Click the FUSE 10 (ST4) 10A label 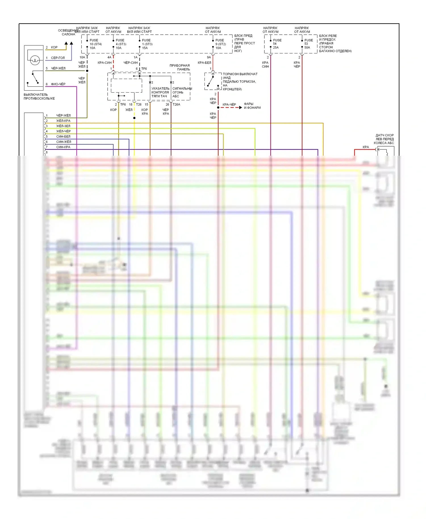pyautogui.click(x=95, y=44)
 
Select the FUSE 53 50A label pyautogui.click(x=308, y=44)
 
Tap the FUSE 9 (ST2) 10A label pyautogui.click(x=220, y=44)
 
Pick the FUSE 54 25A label pyautogui.click(x=277, y=44)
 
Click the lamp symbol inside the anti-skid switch pyautogui.click(x=35, y=60)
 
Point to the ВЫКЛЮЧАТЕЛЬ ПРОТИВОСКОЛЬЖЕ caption pyautogui.click(x=39, y=97)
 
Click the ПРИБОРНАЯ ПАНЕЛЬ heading pyautogui.click(x=180, y=67)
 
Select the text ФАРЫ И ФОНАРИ pyautogui.click(x=252, y=106)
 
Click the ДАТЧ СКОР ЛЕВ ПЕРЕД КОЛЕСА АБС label pyautogui.click(x=384, y=139)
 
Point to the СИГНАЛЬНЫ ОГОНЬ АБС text pyautogui.click(x=182, y=92)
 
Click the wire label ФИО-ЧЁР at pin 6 pyautogui.click(x=58, y=84)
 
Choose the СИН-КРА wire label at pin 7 pyautogui.click(x=63, y=147)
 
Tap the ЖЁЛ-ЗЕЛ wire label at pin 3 pyautogui.click(x=63, y=126)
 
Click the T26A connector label pyautogui.click(x=176, y=105)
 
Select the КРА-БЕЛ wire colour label pyautogui.click(x=204, y=63)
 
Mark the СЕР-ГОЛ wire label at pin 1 pyautogui.click(x=58, y=58)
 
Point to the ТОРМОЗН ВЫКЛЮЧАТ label pyautogui.click(x=240, y=74)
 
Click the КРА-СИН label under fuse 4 pyautogui.click(x=105, y=63)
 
